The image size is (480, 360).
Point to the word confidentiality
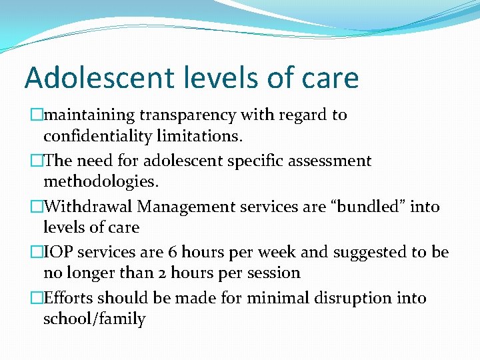[97, 136]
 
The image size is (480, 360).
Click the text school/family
[94, 319]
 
